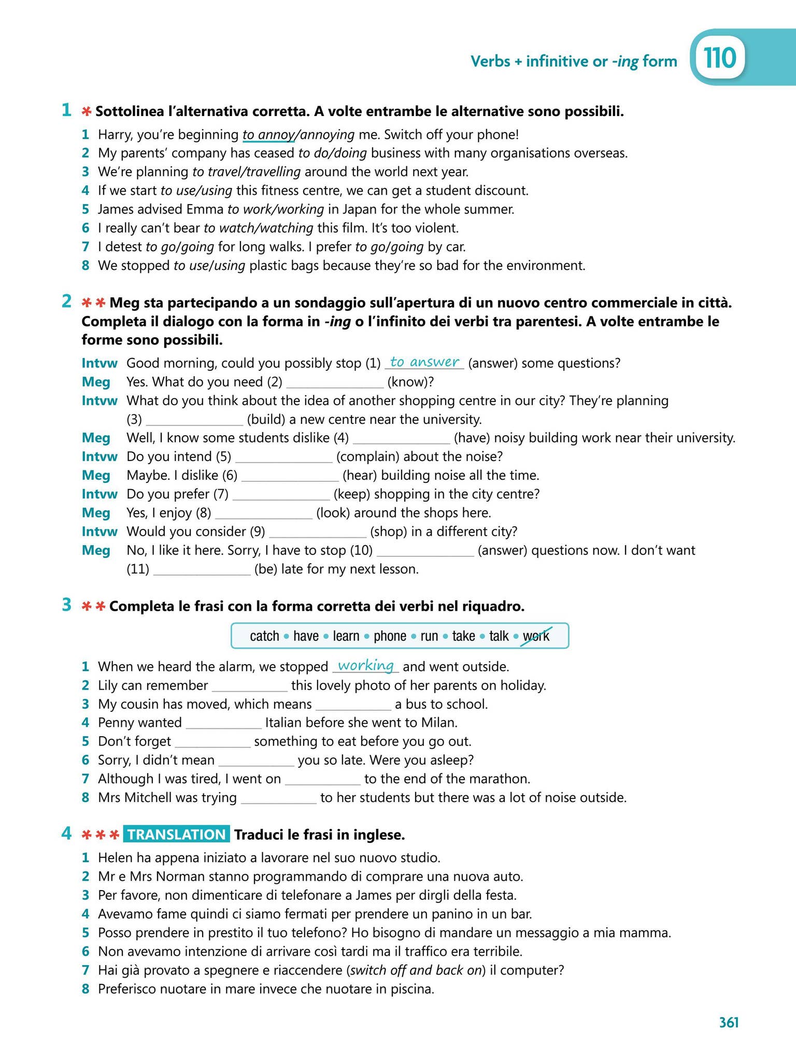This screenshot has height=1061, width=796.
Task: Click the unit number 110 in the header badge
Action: (x=720, y=59)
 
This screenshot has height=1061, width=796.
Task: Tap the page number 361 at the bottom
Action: (x=729, y=1022)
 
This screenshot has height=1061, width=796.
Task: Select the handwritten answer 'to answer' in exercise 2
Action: (x=424, y=362)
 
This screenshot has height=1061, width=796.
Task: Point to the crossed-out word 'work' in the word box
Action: (x=536, y=636)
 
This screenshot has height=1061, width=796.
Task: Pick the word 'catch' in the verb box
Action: (x=264, y=636)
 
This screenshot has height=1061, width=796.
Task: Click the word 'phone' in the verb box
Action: (x=390, y=636)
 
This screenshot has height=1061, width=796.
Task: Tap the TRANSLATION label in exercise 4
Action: (x=177, y=835)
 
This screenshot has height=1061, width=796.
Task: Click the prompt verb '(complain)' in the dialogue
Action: (x=367, y=456)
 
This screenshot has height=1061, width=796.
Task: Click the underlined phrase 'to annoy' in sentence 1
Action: (x=267, y=135)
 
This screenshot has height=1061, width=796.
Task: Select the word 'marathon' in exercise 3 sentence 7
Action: (x=503, y=779)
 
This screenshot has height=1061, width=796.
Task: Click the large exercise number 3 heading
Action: (x=66, y=605)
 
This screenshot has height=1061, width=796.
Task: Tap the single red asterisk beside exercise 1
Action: (x=86, y=111)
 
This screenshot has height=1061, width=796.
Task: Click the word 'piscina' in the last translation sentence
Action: (x=413, y=989)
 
